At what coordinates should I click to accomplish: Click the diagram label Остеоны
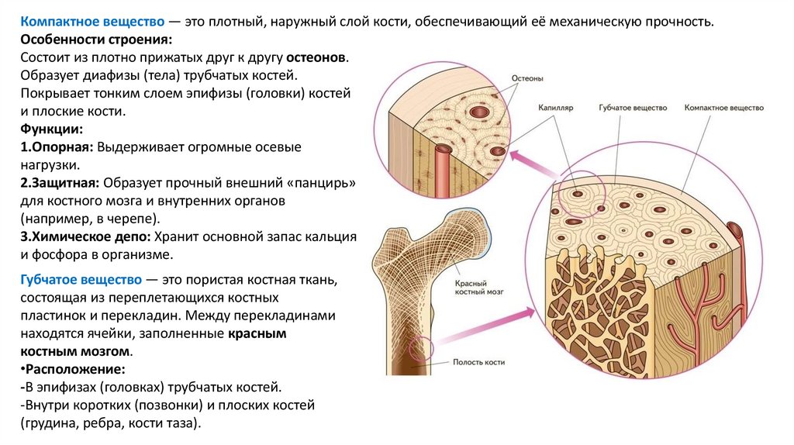[526, 78]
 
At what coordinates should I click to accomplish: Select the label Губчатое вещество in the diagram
[633, 109]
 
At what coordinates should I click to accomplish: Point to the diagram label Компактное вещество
[724, 109]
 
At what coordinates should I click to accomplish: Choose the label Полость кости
[478, 362]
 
